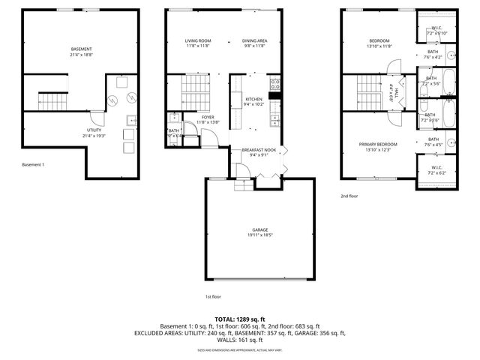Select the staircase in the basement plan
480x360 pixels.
point(50,99)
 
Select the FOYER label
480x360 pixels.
point(207,117)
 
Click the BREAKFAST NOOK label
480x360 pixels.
point(259,150)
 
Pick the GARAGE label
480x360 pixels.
point(260,229)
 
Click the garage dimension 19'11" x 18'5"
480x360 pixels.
point(260,235)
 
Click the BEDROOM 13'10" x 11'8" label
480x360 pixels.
point(379,43)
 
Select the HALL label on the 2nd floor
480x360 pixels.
point(391,91)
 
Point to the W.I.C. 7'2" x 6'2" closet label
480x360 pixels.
point(436,169)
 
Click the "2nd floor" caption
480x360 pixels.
point(349,196)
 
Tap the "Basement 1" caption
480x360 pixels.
point(33,164)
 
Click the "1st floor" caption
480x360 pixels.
point(214,296)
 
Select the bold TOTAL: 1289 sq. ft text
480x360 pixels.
point(240,319)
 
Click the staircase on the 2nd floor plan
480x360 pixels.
point(368,91)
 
